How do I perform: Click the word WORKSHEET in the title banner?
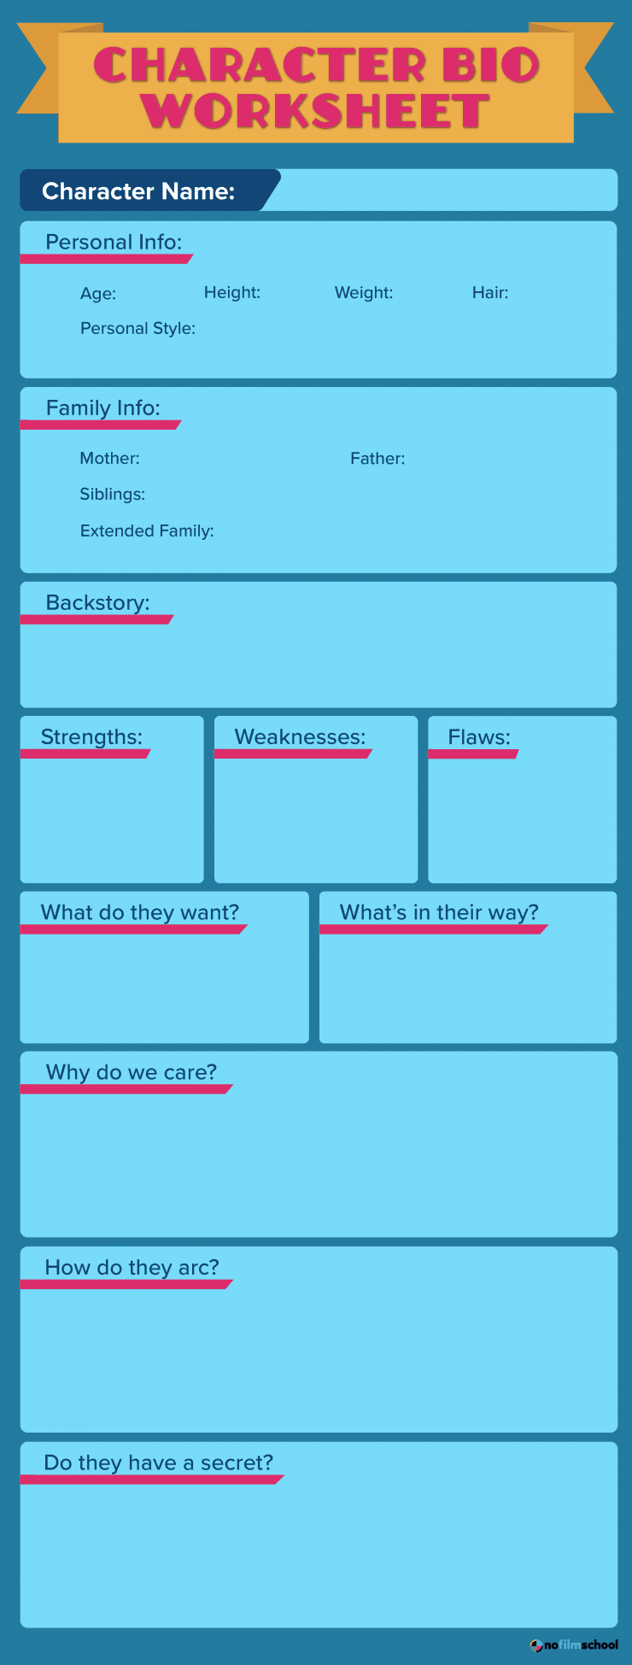tap(316, 111)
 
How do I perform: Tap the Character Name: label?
tap(138, 191)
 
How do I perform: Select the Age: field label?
tap(98, 293)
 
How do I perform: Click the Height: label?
tap(232, 292)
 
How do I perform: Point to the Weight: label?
tap(364, 292)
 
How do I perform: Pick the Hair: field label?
tap(490, 292)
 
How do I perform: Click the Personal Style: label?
tap(138, 328)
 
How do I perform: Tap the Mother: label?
tap(109, 458)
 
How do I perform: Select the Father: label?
tap(377, 458)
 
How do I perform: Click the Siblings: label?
tap(113, 495)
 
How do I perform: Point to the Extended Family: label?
tap(147, 531)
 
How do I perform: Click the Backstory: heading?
tap(97, 603)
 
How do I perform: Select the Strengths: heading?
tap(91, 737)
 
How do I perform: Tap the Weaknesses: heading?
tap(300, 736)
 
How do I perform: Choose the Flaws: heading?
tap(479, 736)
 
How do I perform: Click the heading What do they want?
tap(140, 912)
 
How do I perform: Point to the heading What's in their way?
tap(439, 912)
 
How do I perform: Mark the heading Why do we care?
tap(132, 1072)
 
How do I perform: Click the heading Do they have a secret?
tap(159, 1463)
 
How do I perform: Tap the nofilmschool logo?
tap(574, 1644)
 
